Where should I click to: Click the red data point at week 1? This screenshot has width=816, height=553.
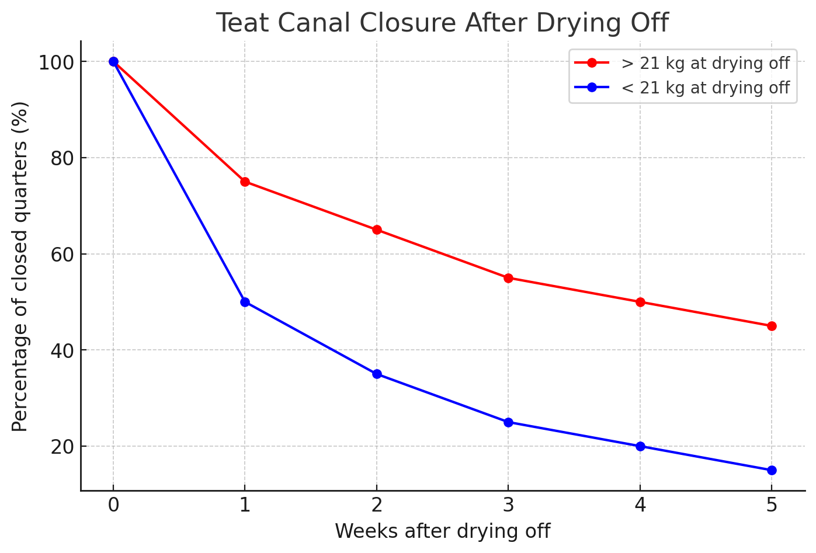pyautogui.click(x=245, y=182)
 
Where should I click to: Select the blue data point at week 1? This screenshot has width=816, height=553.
pyautogui.click(x=245, y=302)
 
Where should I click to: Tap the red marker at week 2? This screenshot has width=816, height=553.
pyautogui.click(x=377, y=229)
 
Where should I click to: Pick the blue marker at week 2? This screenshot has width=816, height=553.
pyautogui.click(x=377, y=374)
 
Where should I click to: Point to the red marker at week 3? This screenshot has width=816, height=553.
pyautogui.click(x=508, y=278)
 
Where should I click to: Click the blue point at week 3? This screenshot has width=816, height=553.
pyautogui.click(x=508, y=422)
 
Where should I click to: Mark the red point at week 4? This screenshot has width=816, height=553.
pyautogui.click(x=640, y=302)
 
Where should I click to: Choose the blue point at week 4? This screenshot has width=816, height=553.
pyautogui.click(x=640, y=446)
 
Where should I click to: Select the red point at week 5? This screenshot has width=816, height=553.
pyautogui.click(x=772, y=326)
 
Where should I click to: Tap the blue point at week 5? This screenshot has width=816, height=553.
pyautogui.click(x=772, y=470)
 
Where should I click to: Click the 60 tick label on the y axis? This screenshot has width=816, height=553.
pyautogui.click(x=61, y=254)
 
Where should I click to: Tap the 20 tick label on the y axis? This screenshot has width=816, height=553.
pyautogui.click(x=61, y=446)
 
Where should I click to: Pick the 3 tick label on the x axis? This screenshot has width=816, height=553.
pyautogui.click(x=508, y=505)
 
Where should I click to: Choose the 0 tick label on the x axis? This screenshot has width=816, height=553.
pyautogui.click(x=113, y=505)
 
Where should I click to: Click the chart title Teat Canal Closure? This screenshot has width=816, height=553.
pyautogui.click(x=442, y=23)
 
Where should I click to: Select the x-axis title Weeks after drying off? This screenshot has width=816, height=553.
pyautogui.click(x=442, y=531)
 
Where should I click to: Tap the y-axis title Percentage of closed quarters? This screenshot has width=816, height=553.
pyautogui.click(x=20, y=266)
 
